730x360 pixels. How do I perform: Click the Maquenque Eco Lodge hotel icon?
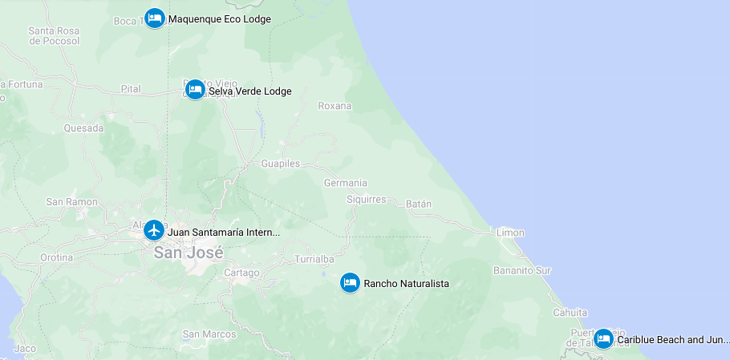tap(155, 18)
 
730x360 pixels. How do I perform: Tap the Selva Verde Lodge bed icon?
tap(195, 90)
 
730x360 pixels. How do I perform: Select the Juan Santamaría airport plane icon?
tap(154, 231)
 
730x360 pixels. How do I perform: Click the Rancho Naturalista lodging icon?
tap(350, 282)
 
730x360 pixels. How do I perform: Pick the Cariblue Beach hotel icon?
tap(603, 338)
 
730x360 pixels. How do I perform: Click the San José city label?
tap(189, 253)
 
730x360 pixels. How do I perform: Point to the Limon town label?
tap(510, 233)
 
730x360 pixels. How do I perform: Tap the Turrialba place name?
tap(314, 260)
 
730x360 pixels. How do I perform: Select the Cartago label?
tap(241, 273)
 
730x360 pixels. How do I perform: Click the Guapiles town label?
tap(280, 164)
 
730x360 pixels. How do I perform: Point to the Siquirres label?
tap(366, 200)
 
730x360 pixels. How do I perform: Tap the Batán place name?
tap(419, 204)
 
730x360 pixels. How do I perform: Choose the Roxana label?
tap(335, 106)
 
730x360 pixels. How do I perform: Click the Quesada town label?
tap(83, 128)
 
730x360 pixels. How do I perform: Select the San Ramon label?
tap(71, 202)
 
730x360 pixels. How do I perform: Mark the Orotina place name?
tap(56, 258)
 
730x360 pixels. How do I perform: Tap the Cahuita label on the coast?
tap(570, 313)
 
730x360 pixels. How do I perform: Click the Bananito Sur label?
tap(522, 270)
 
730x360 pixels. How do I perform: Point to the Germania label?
tap(345, 183)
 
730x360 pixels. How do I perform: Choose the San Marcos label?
tap(209, 334)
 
